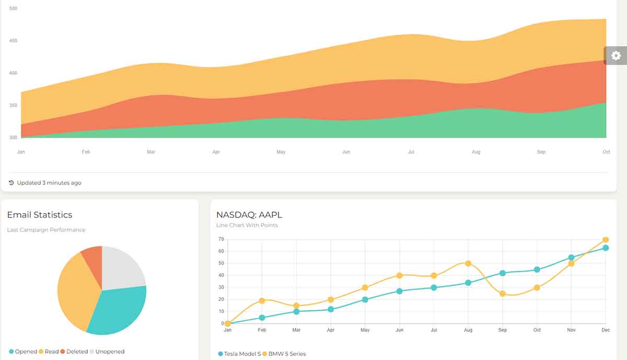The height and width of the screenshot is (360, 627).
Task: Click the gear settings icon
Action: pyautogui.click(x=616, y=55)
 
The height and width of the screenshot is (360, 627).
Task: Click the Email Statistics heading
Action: pyautogui.click(x=40, y=215)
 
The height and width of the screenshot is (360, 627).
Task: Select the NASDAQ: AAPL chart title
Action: pyautogui.click(x=249, y=215)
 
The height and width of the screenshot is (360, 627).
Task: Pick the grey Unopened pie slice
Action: pyautogui.click(x=123, y=266)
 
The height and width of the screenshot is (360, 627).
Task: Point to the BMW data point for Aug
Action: pyautogui.click(x=468, y=263)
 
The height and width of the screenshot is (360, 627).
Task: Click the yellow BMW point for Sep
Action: pyautogui.click(x=503, y=294)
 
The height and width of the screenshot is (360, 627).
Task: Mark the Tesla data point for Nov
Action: pyautogui.click(x=572, y=258)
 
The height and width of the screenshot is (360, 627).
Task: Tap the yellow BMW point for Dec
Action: pyautogui.click(x=606, y=240)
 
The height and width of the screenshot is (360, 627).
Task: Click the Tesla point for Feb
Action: pyautogui.click(x=262, y=318)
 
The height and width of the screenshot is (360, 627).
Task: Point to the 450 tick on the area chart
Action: pyautogui.click(x=13, y=41)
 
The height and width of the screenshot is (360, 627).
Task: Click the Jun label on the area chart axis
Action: pyautogui.click(x=346, y=152)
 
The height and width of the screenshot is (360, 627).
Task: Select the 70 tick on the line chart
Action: pyautogui.click(x=221, y=239)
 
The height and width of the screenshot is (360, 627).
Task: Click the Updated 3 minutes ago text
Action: pyautogui.click(x=49, y=183)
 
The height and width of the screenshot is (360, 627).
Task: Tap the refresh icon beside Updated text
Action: pyautogui.click(x=11, y=183)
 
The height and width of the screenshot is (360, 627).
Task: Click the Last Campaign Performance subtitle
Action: pyautogui.click(x=46, y=230)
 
